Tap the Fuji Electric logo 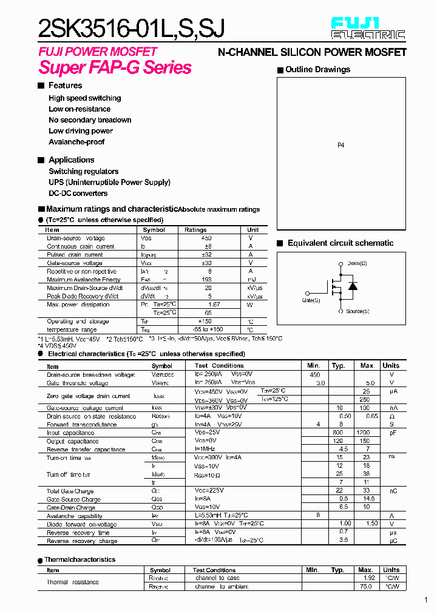(x=368, y=29)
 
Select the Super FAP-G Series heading (x=115, y=67)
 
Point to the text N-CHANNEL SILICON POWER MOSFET (x=312, y=53)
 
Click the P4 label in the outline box (x=340, y=146)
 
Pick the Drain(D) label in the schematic (x=357, y=263)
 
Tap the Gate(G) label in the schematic (x=311, y=300)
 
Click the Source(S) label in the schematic (x=357, y=311)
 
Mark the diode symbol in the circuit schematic (x=353, y=286)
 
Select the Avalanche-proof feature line (x=76, y=142)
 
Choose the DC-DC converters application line (x=78, y=194)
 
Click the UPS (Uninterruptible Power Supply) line (x=109, y=182)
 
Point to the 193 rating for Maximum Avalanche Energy (x=208, y=280)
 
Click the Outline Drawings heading (x=317, y=70)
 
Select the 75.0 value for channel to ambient (x=365, y=587)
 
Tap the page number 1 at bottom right (x=426, y=601)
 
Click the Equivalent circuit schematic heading (x=340, y=243)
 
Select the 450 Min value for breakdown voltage (x=314, y=375)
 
